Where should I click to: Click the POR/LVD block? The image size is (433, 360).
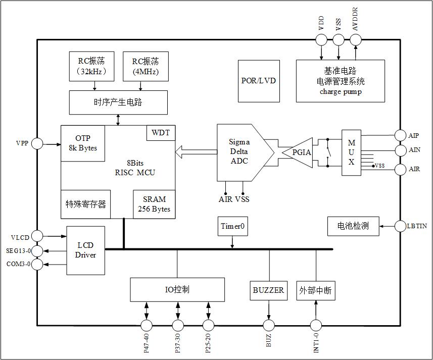tap(259, 81)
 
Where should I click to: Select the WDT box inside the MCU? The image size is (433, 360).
tap(161, 133)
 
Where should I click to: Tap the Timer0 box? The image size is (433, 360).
tap(233, 227)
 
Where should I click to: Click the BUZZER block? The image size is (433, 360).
tap(268, 290)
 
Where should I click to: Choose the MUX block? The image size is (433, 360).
tap(352, 152)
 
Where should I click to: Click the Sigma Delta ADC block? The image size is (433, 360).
tap(239, 152)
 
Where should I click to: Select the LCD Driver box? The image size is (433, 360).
tap(86, 250)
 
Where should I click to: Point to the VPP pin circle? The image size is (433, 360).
tap(37, 144)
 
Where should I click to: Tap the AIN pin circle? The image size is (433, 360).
tap(401, 150)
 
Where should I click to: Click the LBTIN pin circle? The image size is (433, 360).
tap(401, 226)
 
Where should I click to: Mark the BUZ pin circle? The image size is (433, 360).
tap(269, 325)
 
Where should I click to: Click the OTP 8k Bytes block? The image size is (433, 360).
tap(83, 143)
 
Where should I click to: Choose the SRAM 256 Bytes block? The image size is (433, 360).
tap(154, 204)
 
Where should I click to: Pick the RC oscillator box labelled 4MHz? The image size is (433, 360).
tap(146, 66)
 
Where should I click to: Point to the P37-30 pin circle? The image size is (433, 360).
tap(177, 325)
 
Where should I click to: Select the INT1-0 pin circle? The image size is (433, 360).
tap(316, 325)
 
